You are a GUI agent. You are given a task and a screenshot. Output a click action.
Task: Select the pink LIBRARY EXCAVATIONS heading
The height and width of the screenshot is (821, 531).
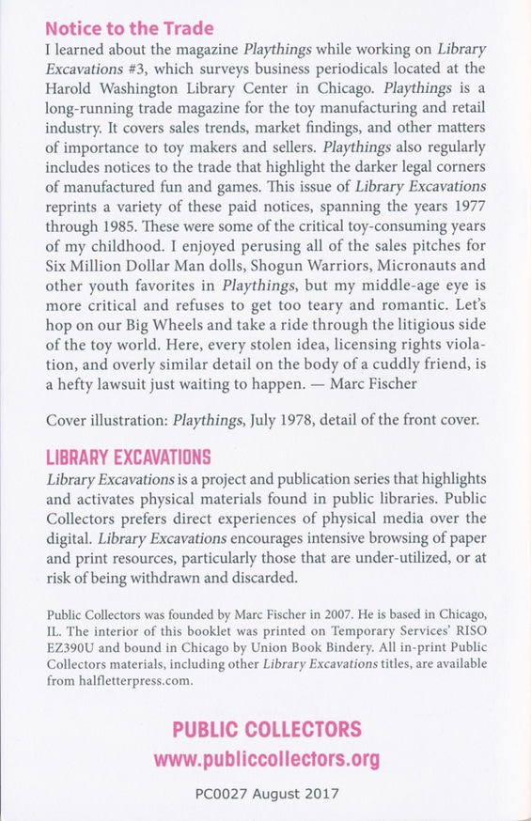128,457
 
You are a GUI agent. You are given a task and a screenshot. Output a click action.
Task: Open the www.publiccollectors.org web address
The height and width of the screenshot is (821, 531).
265,758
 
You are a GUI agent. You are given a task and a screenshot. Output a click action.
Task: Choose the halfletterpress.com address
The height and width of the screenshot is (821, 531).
130,681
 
